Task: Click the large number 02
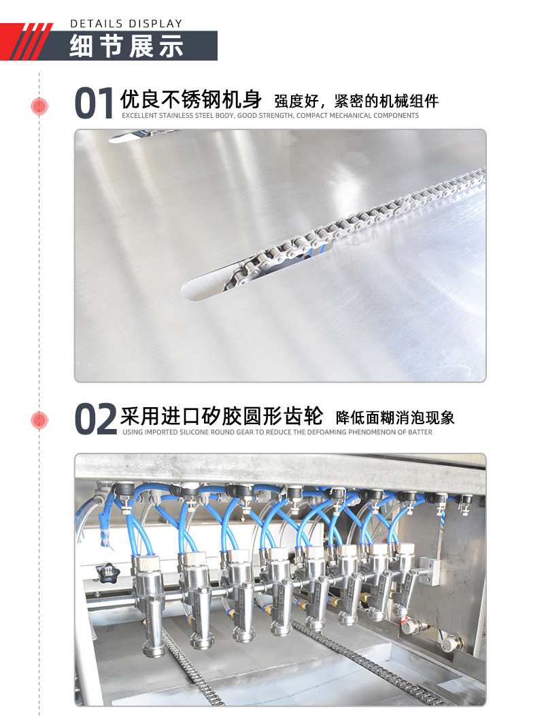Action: [95, 419]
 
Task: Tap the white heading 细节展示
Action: [127, 46]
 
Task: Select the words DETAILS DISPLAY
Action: [126, 24]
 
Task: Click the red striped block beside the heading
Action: [33, 42]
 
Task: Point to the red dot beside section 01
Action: [39, 106]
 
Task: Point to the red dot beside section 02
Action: [39, 420]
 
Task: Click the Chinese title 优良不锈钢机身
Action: [191, 100]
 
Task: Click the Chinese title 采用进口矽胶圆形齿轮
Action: [221, 415]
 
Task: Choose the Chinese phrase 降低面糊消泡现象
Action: [395, 417]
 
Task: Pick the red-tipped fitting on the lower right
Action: [407, 622]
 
